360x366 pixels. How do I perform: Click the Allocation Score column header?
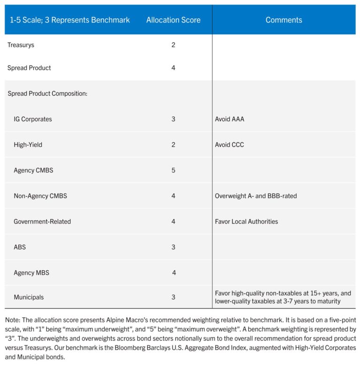173,20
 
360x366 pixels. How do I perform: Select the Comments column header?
284,20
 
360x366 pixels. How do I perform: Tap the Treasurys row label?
21,45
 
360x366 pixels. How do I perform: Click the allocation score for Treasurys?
173,45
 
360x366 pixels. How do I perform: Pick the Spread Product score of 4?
173,68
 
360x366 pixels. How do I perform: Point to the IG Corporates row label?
33,119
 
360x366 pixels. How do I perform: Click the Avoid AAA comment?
230,119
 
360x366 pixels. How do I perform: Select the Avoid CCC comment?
230,145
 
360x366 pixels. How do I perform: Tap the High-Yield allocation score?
173,145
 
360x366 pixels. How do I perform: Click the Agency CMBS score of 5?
173,170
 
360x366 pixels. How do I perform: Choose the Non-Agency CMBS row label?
40,196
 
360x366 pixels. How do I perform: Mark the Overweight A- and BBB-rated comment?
256,196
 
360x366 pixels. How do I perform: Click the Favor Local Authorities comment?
247,221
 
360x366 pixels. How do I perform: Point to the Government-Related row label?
42,221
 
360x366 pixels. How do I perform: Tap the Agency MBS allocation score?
174,273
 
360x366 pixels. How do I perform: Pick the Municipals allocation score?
173,297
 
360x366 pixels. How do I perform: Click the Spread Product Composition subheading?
47,93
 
